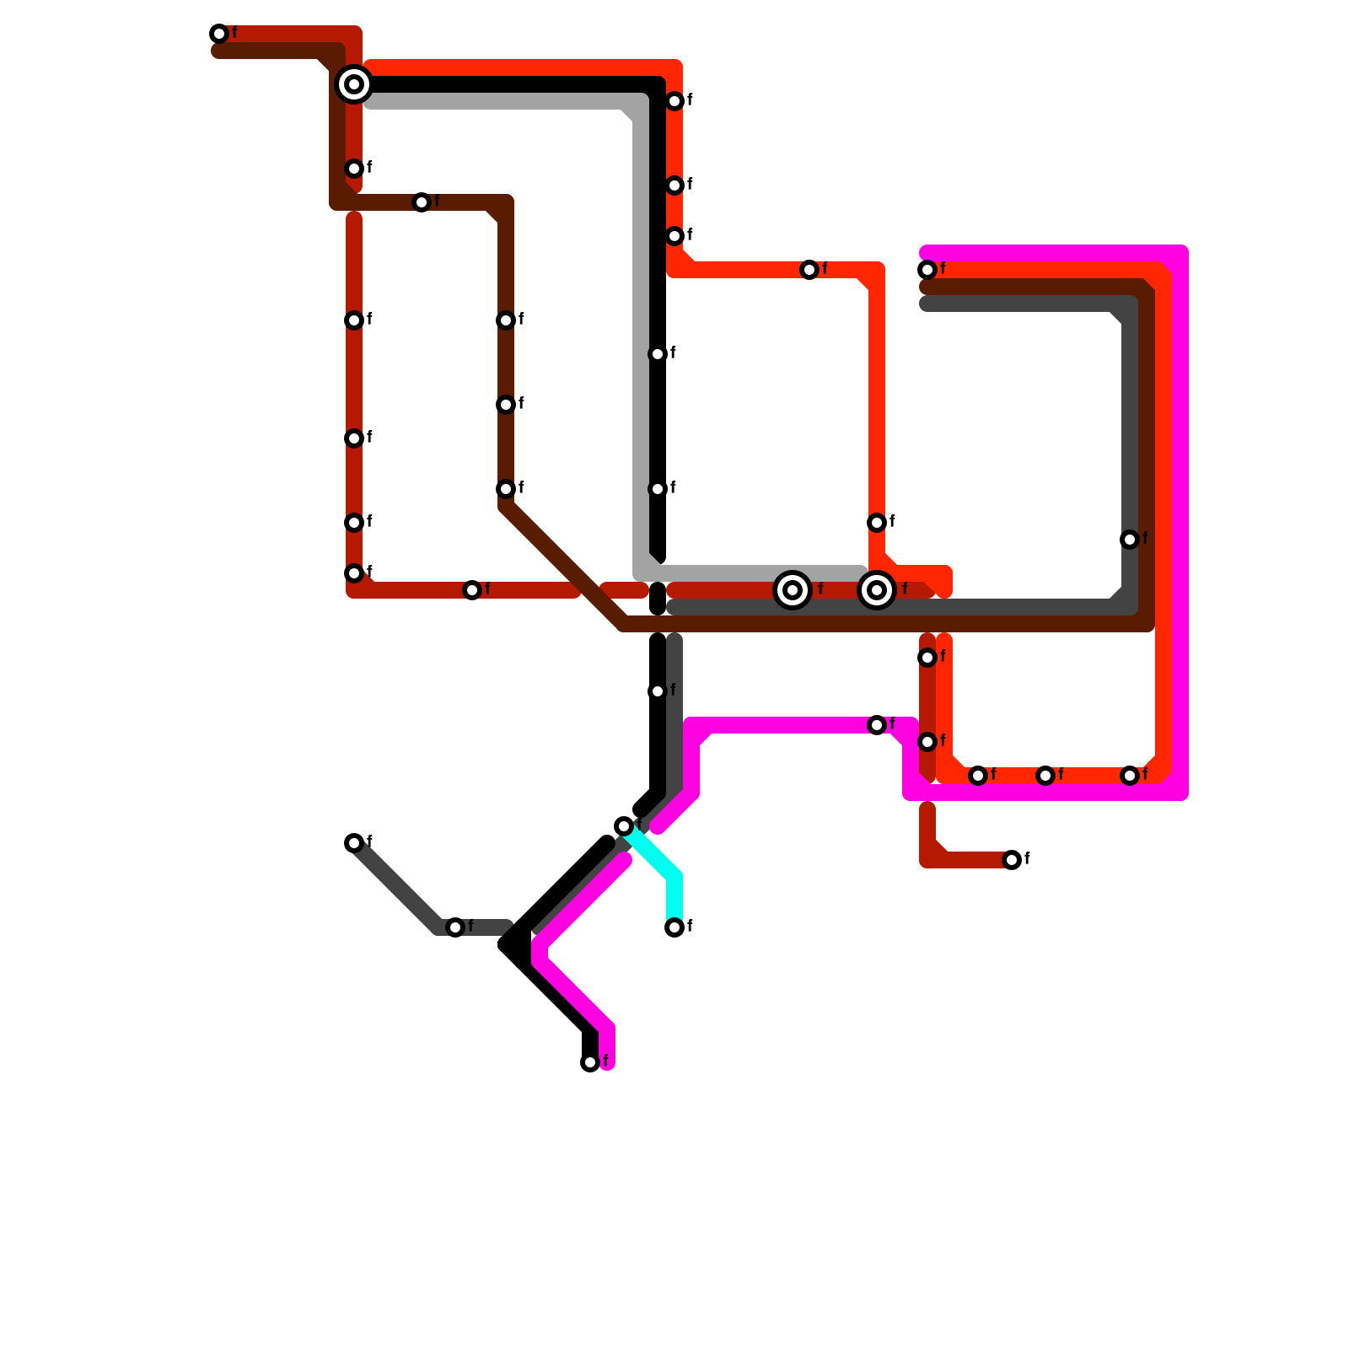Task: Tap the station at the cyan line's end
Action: pos(674,927)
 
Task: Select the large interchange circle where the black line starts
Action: pos(354,84)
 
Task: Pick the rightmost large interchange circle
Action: pos(877,590)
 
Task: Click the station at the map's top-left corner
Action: pos(219,34)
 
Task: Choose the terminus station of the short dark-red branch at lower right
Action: pos(1012,860)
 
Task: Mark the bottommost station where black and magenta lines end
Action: pos(590,1062)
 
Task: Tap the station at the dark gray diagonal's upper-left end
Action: pos(354,843)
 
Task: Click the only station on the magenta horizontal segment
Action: pos(877,725)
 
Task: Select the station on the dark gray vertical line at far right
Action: pos(1130,540)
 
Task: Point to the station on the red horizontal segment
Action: pos(809,270)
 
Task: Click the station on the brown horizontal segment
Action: pos(422,202)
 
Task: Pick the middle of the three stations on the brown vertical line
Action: pos(506,405)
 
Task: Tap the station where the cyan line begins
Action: pos(624,826)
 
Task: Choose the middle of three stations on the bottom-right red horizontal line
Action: pos(1045,776)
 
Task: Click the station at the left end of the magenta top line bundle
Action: pos(927,270)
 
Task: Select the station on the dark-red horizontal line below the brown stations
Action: pos(472,590)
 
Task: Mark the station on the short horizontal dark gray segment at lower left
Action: pos(455,927)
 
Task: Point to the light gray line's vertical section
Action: pos(641,337)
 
